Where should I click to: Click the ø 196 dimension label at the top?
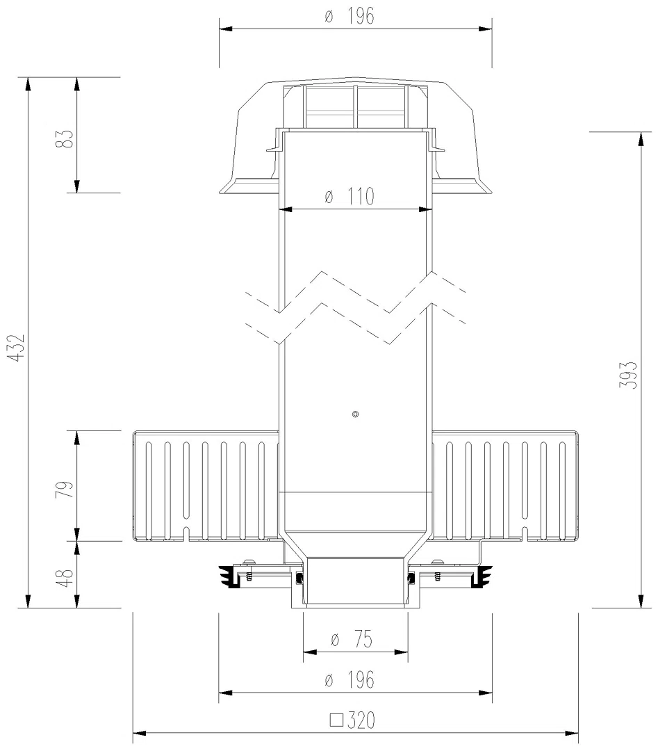click(349, 17)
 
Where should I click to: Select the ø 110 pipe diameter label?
click(349, 196)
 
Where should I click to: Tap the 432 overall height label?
click(17, 348)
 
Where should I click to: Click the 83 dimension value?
click(67, 139)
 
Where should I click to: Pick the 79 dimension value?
click(67, 489)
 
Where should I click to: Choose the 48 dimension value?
click(67, 578)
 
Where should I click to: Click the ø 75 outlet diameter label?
click(352, 640)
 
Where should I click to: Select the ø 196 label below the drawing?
click(349, 679)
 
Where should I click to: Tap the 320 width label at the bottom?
click(361, 720)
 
